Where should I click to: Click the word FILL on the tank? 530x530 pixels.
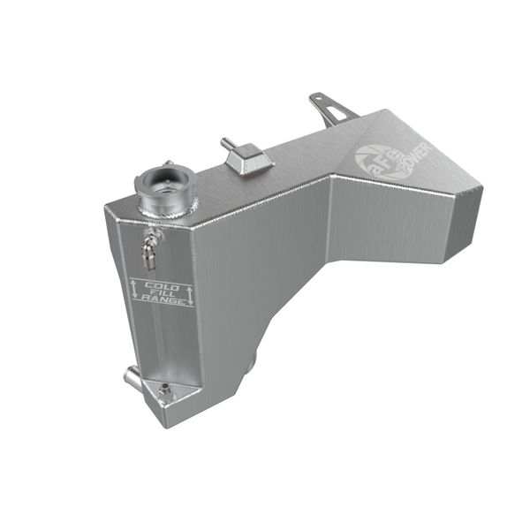[x=163, y=292]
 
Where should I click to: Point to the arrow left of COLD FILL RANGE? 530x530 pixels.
[x=135, y=289]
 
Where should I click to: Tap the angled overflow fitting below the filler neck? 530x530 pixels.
[x=150, y=248]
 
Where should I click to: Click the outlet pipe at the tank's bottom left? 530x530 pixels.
[x=132, y=377]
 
